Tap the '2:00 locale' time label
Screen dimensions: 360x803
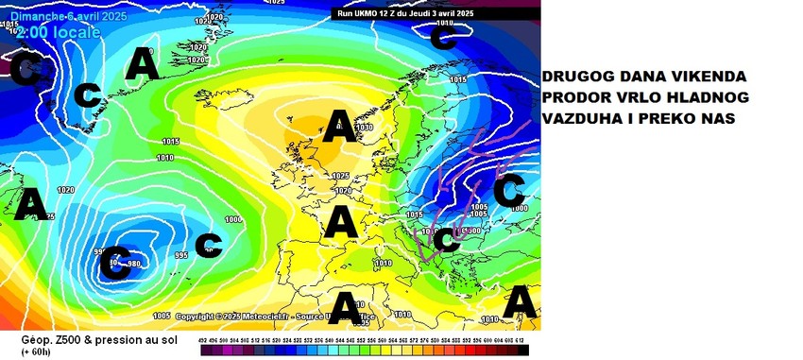tap(60, 32)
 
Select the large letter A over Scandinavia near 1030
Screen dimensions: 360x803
tap(339, 127)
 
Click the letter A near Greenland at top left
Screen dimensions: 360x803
tap(143, 63)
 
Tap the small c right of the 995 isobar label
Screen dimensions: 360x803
tap(208, 245)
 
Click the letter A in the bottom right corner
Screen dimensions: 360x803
tap(521, 302)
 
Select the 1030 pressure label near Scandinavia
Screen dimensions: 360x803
tap(365, 127)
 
